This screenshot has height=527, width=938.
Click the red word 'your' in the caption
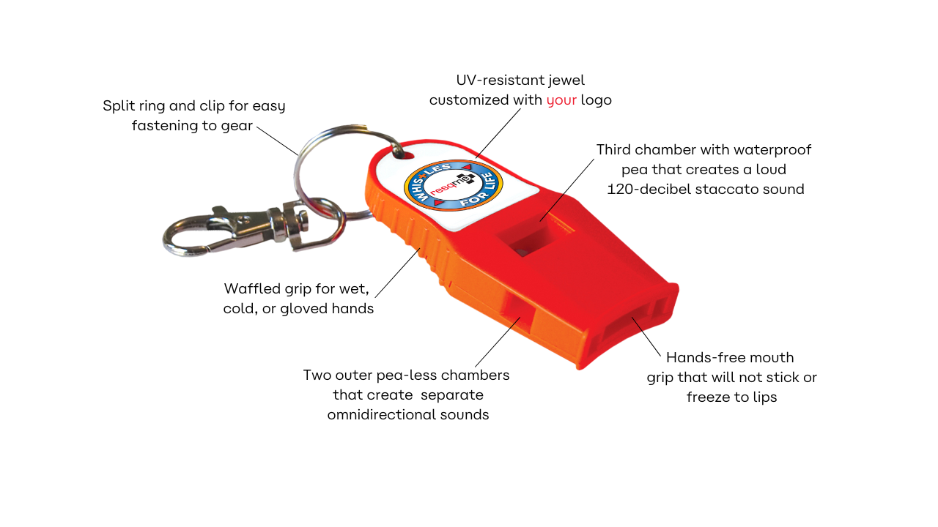pyautogui.click(x=561, y=100)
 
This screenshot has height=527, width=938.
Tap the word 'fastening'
pyautogui.click(x=165, y=126)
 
